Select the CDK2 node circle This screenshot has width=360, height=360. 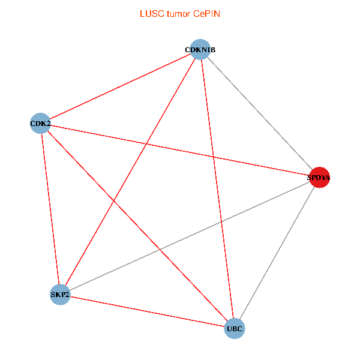pos(40,124)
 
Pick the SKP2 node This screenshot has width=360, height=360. pos(60,294)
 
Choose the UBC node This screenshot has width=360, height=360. pos(235,328)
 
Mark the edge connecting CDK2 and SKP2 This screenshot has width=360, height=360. pos(50,209)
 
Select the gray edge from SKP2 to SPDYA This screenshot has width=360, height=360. pos(190,236)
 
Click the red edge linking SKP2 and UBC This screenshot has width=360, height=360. pos(147,311)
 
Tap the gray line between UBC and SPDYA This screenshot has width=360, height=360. pos(277,253)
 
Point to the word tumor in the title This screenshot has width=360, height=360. pos(178,13)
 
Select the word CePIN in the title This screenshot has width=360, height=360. pos(206,13)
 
